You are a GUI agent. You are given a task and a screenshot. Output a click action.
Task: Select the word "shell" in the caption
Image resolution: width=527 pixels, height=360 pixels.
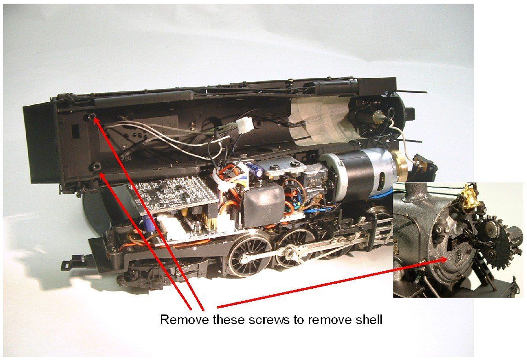tap(368, 319)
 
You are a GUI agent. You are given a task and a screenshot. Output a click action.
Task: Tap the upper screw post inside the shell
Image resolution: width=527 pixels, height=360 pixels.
tap(91, 117)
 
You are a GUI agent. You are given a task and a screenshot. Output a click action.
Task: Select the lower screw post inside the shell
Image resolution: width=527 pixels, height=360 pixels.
tap(96, 166)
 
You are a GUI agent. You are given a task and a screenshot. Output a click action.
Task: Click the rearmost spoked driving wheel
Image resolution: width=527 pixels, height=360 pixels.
tap(249, 253)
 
